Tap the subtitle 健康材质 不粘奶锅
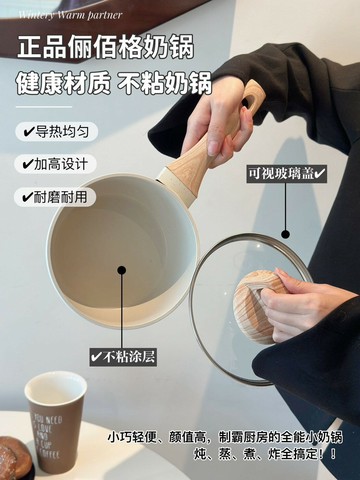118,84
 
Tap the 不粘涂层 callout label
124,355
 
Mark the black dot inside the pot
122,268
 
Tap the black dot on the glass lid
285,232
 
